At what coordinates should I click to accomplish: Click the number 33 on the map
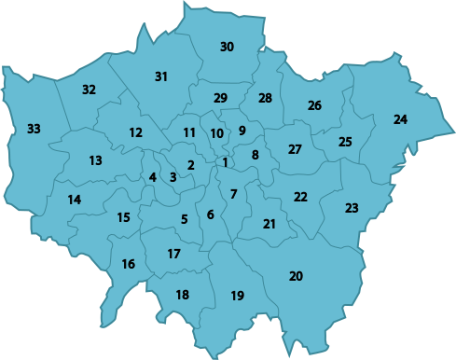coord(34,128)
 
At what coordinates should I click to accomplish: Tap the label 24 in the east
coord(400,119)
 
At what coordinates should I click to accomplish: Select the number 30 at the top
coord(227,47)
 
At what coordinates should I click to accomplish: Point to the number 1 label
coord(225,163)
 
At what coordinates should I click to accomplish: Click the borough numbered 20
coord(296,276)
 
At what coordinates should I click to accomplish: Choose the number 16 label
coord(128,264)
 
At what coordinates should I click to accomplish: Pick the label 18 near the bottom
coord(182,295)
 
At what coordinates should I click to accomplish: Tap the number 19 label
coord(237,296)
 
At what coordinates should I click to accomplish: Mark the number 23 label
coord(351,208)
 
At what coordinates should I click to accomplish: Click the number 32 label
coord(89,90)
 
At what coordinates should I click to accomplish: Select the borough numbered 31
coord(160,76)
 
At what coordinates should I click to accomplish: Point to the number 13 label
coord(95,160)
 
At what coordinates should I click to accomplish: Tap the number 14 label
coord(75,199)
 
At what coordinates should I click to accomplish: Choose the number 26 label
coord(314,105)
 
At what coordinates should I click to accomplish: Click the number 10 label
coord(216,133)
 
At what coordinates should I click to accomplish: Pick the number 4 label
coord(153,177)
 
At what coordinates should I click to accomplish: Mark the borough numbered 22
coord(300,197)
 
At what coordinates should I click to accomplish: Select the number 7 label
coord(233,194)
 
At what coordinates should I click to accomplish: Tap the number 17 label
coord(173,254)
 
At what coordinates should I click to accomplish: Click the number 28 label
coord(265,98)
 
